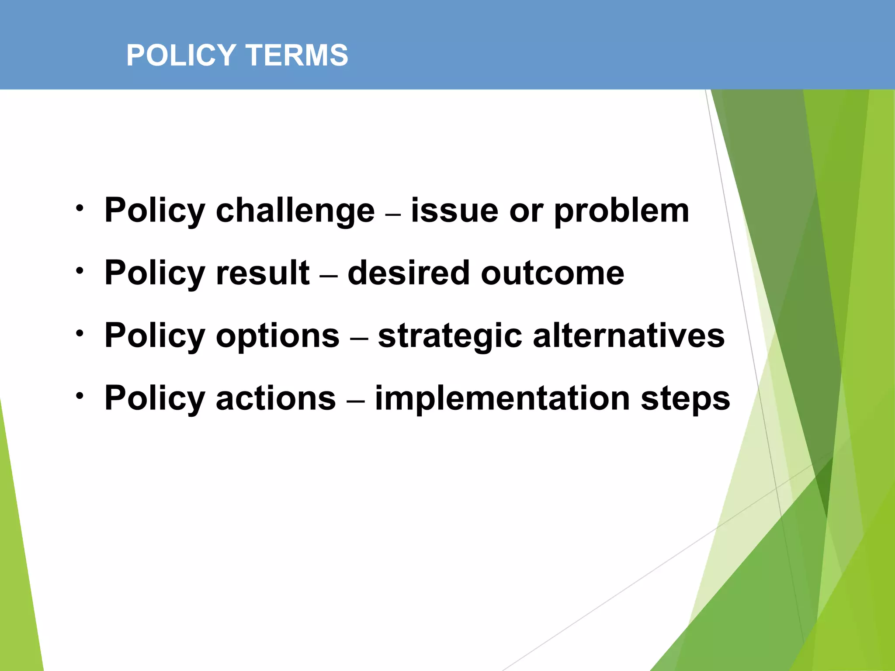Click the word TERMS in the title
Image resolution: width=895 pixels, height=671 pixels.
(297, 55)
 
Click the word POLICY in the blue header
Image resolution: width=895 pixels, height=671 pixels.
(181, 55)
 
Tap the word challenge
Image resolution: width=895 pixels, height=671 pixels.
(295, 211)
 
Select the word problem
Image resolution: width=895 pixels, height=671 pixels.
(621, 211)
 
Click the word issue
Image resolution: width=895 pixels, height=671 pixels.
(454, 211)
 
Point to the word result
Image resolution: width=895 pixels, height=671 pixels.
(263, 273)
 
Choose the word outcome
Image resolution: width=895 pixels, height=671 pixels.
(552, 274)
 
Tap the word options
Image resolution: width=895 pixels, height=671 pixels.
(278, 336)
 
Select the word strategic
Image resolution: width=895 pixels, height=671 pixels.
(450, 336)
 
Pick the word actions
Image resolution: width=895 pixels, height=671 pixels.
(276, 398)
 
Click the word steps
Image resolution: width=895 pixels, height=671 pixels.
(685, 399)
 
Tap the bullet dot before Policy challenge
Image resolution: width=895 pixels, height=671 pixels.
(79, 208)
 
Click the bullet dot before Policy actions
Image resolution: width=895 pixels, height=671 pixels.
(79, 396)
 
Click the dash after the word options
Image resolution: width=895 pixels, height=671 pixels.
(358, 339)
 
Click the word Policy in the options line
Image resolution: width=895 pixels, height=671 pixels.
(155, 336)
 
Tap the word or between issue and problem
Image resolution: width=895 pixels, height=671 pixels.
(526, 211)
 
